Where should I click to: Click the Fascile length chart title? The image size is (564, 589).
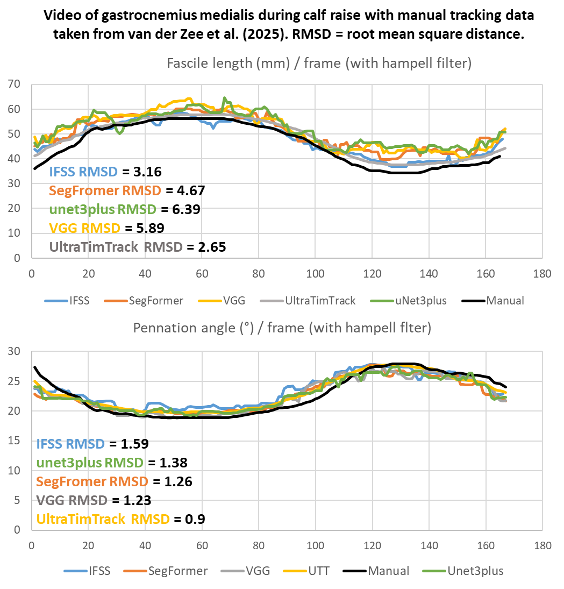click(319, 63)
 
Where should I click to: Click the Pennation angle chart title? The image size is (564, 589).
click(282, 328)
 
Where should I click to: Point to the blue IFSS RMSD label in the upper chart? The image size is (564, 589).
click(83, 172)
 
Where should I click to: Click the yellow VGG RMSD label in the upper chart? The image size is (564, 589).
click(84, 228)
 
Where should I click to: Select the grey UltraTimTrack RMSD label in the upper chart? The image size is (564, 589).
click(116, 247)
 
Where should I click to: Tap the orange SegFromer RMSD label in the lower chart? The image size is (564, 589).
click(91, 481)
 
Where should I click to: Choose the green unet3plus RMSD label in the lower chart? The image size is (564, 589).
click(89, 463)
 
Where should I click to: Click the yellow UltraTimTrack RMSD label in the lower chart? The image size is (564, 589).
click(103, 519)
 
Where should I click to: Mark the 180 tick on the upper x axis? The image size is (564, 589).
click(542, 274)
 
